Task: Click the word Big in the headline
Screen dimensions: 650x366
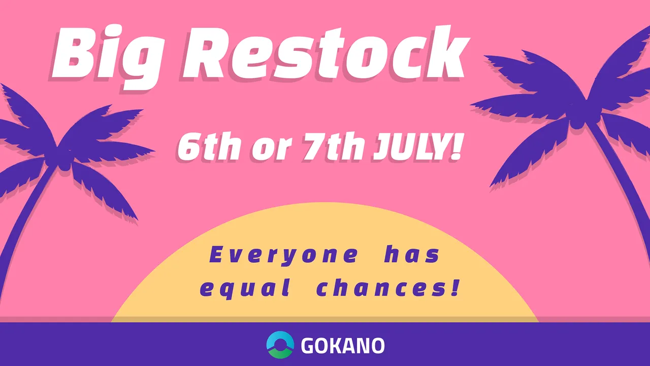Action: click(x=105, y=56)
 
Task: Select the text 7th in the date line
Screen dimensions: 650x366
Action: click(x=334, y=148)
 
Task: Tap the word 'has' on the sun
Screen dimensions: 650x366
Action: click(x=412, y=255)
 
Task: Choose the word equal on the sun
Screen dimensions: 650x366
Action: click(x=245, y=288)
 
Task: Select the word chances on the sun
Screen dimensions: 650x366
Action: click(x=380, y=288)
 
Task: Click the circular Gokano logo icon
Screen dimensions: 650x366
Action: click(x=280, y=345)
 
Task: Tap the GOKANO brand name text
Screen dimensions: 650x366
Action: click(x=343, y=345)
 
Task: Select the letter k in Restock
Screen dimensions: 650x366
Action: click(x=444, y=52)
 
